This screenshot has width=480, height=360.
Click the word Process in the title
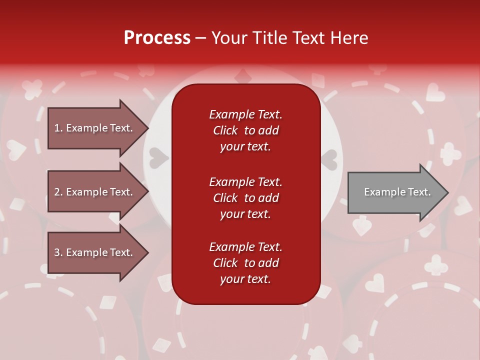pos(157,38)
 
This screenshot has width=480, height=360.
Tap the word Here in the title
pos(349,38)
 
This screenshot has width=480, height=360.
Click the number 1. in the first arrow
pos(58,128)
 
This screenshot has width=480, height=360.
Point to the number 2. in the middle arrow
pos(58,192)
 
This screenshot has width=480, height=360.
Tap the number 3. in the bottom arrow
pos(58,252)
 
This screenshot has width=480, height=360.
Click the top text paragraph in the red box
pos(245,130)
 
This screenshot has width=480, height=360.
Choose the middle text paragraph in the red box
pos(245,198)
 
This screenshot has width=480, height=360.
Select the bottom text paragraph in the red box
pos(245,263)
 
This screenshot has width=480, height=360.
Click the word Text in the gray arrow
pos(419,192)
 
